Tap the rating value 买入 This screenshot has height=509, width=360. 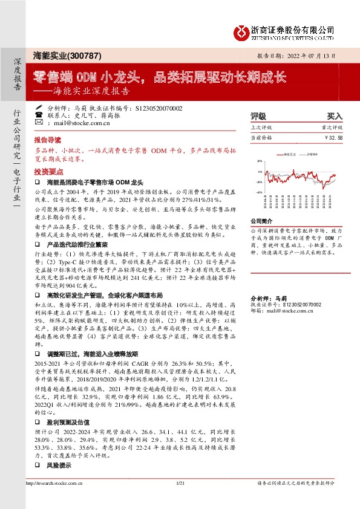coord(335,115)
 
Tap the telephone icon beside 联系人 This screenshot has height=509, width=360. coord(39,115)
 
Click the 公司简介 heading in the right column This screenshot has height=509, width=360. coord(260,221)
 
